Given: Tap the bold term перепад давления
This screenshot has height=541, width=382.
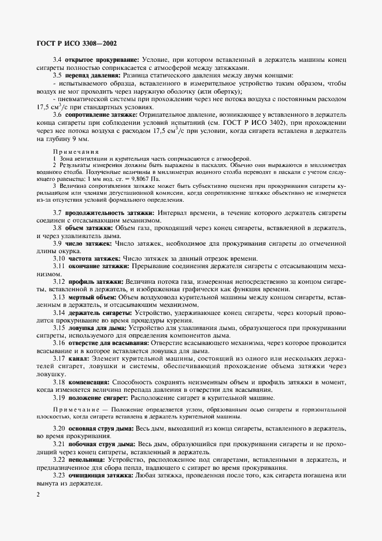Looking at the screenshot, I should click(x=92, y=75).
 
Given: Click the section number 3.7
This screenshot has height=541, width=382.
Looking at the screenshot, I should click(x=58, y=213).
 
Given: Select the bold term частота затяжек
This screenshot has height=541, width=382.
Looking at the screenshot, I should click(x=92, y=258).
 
